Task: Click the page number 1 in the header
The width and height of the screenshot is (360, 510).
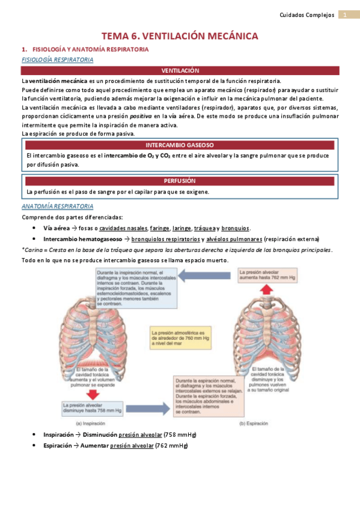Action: [x=346, y=14]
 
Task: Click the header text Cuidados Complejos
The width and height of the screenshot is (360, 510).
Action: [x=307, y=14]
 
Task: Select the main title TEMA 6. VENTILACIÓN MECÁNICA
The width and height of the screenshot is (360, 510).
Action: [x=180, y=36]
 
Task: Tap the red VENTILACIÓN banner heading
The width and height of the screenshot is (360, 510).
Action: [x=180, y=71]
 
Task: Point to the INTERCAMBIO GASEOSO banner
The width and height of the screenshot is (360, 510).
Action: [x=180, y=145]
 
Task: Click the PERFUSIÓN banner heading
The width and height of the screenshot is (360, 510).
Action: [x=180, y=180]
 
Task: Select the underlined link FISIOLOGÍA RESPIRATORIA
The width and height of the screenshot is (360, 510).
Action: [x=57, y=60]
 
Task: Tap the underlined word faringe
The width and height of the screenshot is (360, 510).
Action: [x=159, y=228]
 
